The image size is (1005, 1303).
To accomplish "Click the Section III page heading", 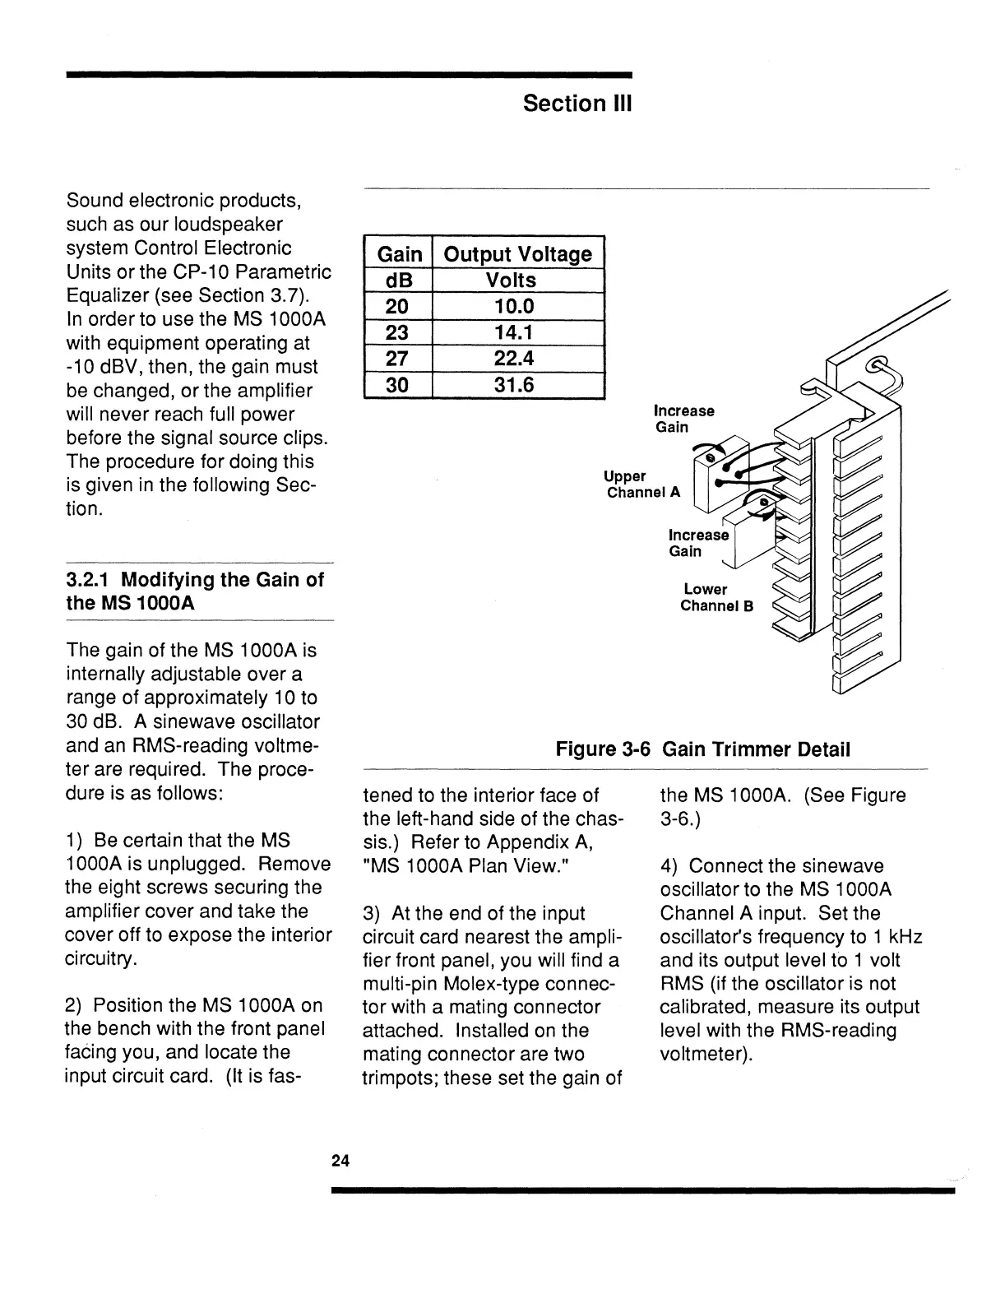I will coord(577,104).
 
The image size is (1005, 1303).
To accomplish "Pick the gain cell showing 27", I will coord(398,359).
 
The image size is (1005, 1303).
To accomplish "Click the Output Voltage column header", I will coord(517,254).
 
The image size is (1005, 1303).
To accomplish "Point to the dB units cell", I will coord(398,281).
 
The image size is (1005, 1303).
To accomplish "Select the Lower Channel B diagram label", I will coord(716,598).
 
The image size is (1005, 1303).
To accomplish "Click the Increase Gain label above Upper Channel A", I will coord(683,419).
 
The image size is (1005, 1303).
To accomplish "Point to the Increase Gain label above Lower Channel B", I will coord(698,543).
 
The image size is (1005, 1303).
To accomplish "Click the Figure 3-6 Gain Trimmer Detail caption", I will coord(702,749).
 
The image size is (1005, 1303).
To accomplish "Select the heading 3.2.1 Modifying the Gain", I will coord(195,591).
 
